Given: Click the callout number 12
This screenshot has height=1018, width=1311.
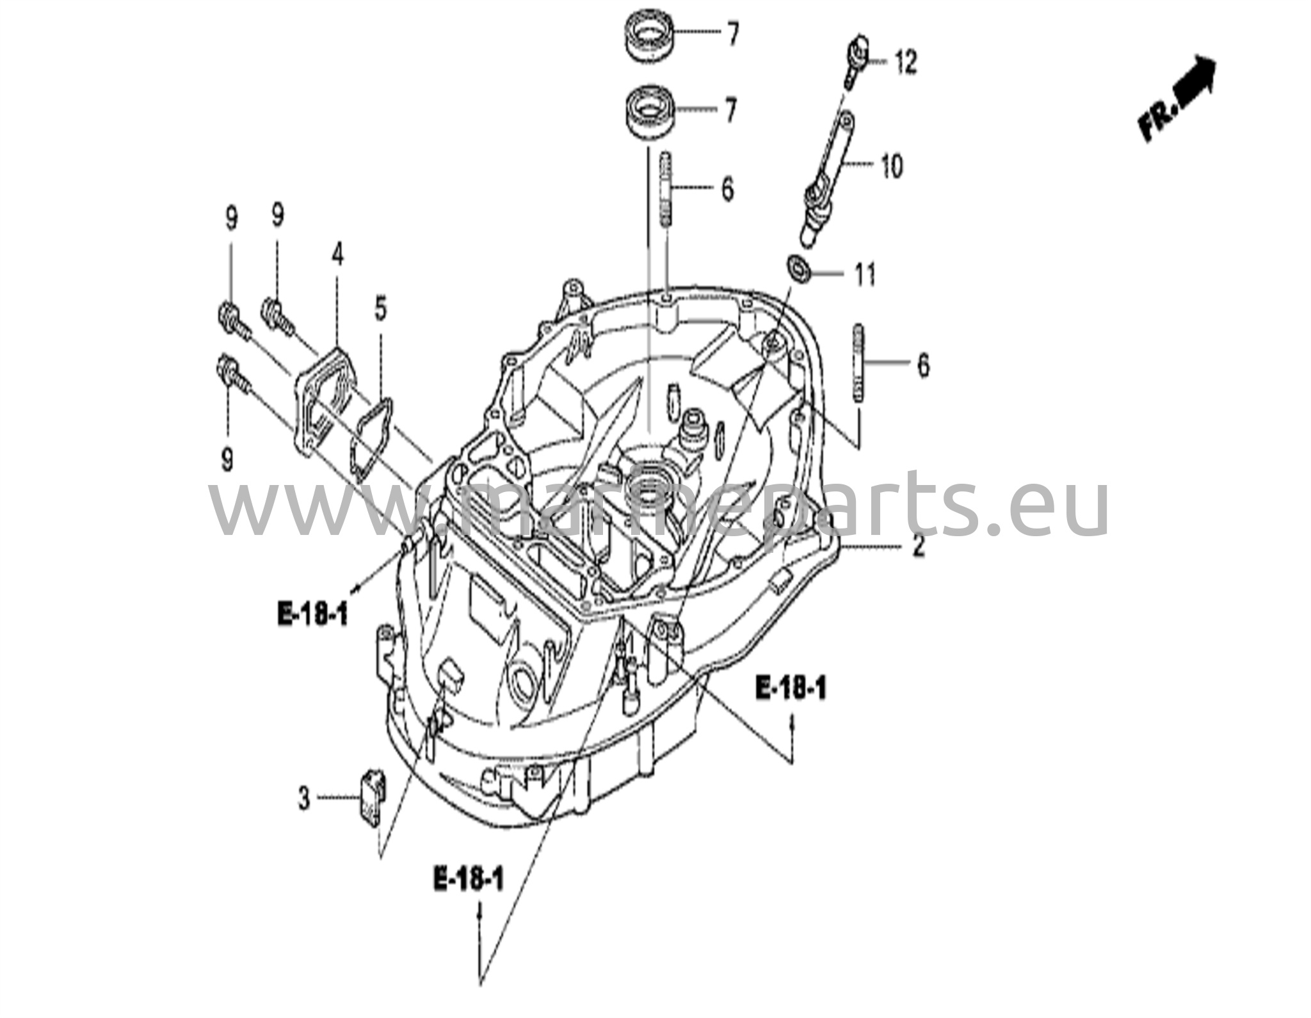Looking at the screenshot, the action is pos(905,63).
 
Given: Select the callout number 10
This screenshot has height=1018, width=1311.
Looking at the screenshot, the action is pos(891,166).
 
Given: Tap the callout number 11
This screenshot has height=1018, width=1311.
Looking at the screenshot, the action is pos(864,275).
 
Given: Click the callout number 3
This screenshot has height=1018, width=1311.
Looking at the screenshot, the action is pos(303,798).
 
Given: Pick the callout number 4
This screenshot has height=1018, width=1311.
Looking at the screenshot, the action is pos(337,255).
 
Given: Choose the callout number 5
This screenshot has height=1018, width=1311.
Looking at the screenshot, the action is pos(381,311).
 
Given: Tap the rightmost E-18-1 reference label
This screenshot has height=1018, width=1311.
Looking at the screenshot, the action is pos(791,689).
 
